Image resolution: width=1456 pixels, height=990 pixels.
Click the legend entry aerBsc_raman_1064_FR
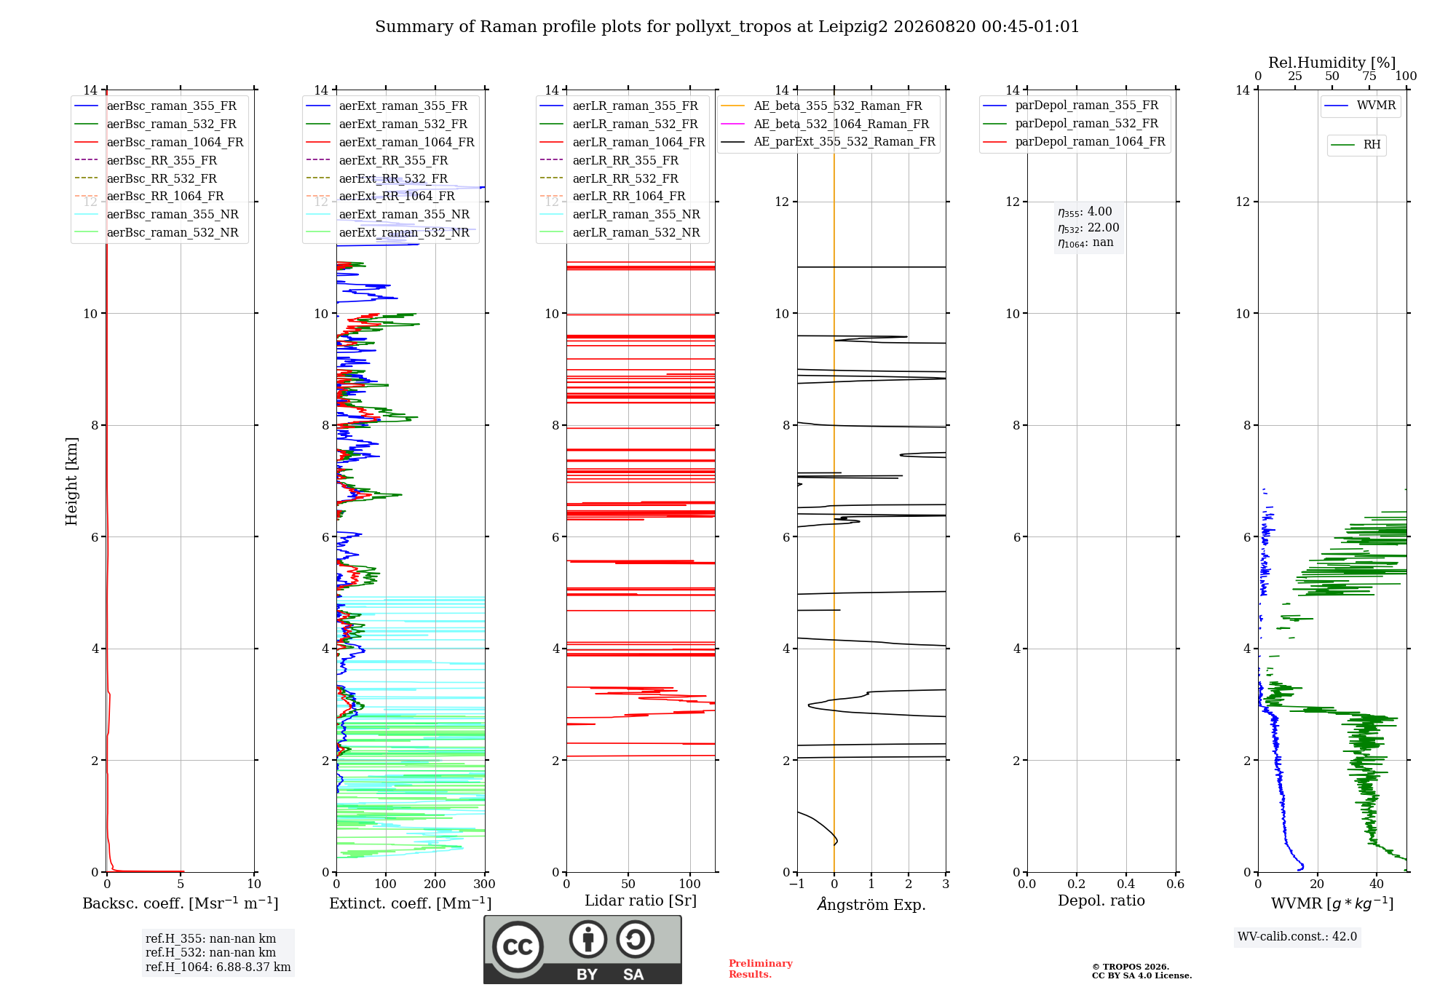pos(159,143)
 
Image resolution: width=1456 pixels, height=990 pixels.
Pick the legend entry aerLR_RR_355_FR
pos(609,161)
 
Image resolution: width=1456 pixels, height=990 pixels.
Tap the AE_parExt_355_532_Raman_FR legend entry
pos(828,142)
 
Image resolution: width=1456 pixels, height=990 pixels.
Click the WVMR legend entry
pos(1361,106)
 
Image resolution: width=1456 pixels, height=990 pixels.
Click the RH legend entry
pos(1356,145)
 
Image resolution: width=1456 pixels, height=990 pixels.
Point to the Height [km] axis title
pos(71,481)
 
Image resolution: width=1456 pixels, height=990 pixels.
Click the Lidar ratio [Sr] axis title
pos(641,900)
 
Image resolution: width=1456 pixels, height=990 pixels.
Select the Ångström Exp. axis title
pos(871,904)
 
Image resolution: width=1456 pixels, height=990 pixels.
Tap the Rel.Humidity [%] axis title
pos(1332,63)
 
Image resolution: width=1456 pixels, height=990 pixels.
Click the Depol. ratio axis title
pos(1101,900)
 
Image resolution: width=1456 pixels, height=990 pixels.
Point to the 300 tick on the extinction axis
pos(485,884)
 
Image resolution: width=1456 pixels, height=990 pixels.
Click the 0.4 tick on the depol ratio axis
pos(1126,884)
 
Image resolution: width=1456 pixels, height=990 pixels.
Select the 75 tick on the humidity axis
pos(1369,76)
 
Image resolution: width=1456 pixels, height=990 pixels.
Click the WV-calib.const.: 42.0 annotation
pos(1297,937)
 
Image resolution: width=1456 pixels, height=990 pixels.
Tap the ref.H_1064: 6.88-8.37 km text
pos(218,967)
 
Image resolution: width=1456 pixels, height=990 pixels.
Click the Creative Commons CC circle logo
pos(518,946)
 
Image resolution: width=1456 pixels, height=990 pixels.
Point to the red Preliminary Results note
pos(761,969)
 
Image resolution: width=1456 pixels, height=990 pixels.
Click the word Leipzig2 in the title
pos(853,27)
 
